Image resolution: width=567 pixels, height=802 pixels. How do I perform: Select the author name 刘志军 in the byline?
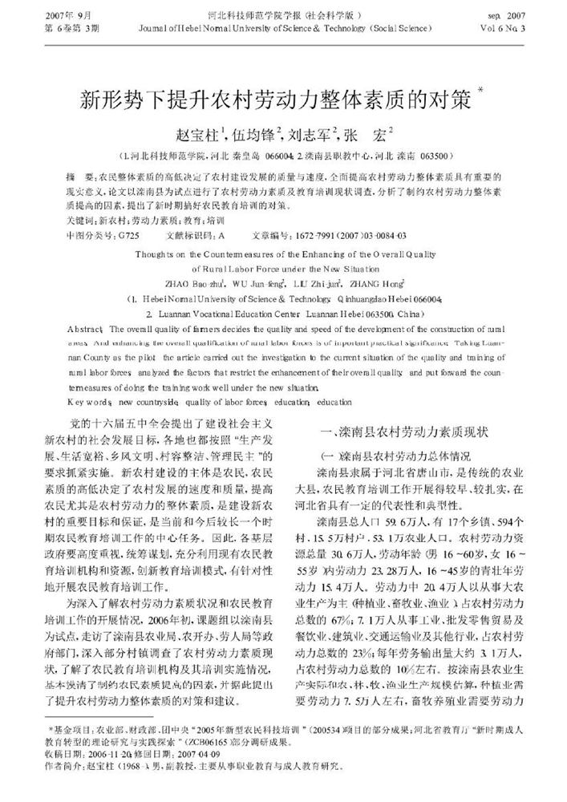point(310,133)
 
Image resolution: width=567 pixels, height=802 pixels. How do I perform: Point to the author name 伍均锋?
point(254,133)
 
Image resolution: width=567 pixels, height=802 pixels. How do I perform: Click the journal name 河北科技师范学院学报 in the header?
point(241,14)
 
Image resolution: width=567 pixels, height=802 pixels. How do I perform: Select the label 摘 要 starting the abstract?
point(82,174)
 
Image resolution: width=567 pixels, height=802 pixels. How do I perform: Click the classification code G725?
point(127,235)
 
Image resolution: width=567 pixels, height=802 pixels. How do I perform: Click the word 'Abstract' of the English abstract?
point(84,329)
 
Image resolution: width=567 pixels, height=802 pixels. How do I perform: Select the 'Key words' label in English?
point(87,399)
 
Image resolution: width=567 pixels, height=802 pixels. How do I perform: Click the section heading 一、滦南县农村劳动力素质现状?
point(403,432)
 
